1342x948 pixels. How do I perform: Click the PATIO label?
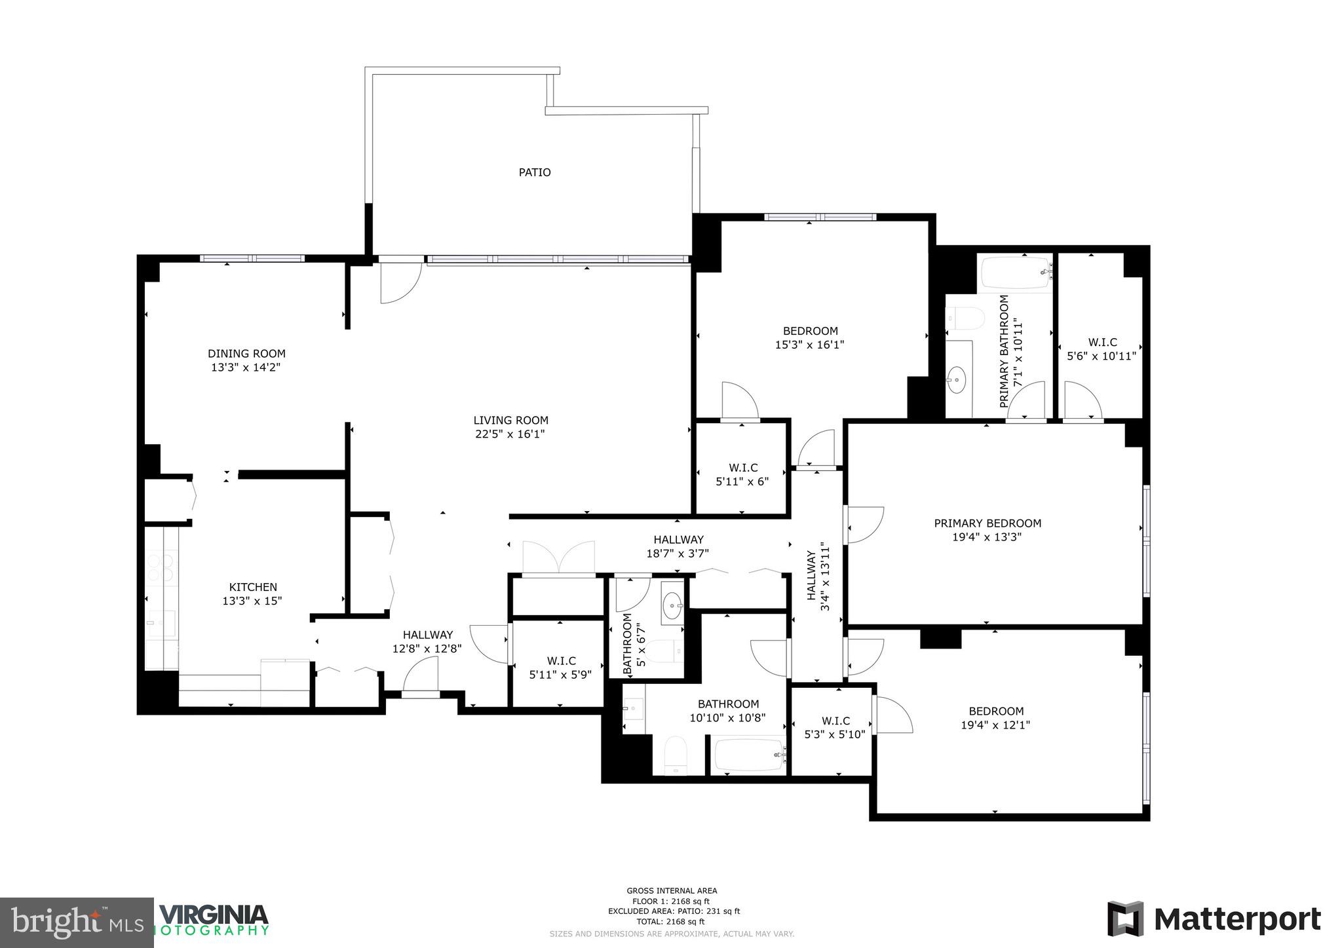[x=535, y=172]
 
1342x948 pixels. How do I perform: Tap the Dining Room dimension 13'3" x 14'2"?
[x=246, y=368]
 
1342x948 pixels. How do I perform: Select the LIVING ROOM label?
[x=510, y=420]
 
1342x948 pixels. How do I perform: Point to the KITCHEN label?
[x=253, y=587]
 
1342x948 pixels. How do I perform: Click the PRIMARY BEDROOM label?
[x=987, y=523]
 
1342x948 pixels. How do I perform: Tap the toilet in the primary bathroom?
[x=966, y=319]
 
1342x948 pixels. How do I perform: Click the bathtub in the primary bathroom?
[x=1015, y=273]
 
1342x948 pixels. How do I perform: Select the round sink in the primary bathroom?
[x=959, y=379]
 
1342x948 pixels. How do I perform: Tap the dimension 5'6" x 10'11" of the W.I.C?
[x=1102, y=356]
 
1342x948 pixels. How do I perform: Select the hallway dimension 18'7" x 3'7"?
[x=678, y=554]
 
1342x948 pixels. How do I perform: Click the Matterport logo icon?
[x=1125, y=919]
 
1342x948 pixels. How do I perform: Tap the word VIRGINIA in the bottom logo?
[x=214, y=915]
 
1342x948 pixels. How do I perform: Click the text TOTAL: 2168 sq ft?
[x=671, y=921]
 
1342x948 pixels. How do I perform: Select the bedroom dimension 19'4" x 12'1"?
[x=995, y=725]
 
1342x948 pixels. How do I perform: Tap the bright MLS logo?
[x=77, y=922]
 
